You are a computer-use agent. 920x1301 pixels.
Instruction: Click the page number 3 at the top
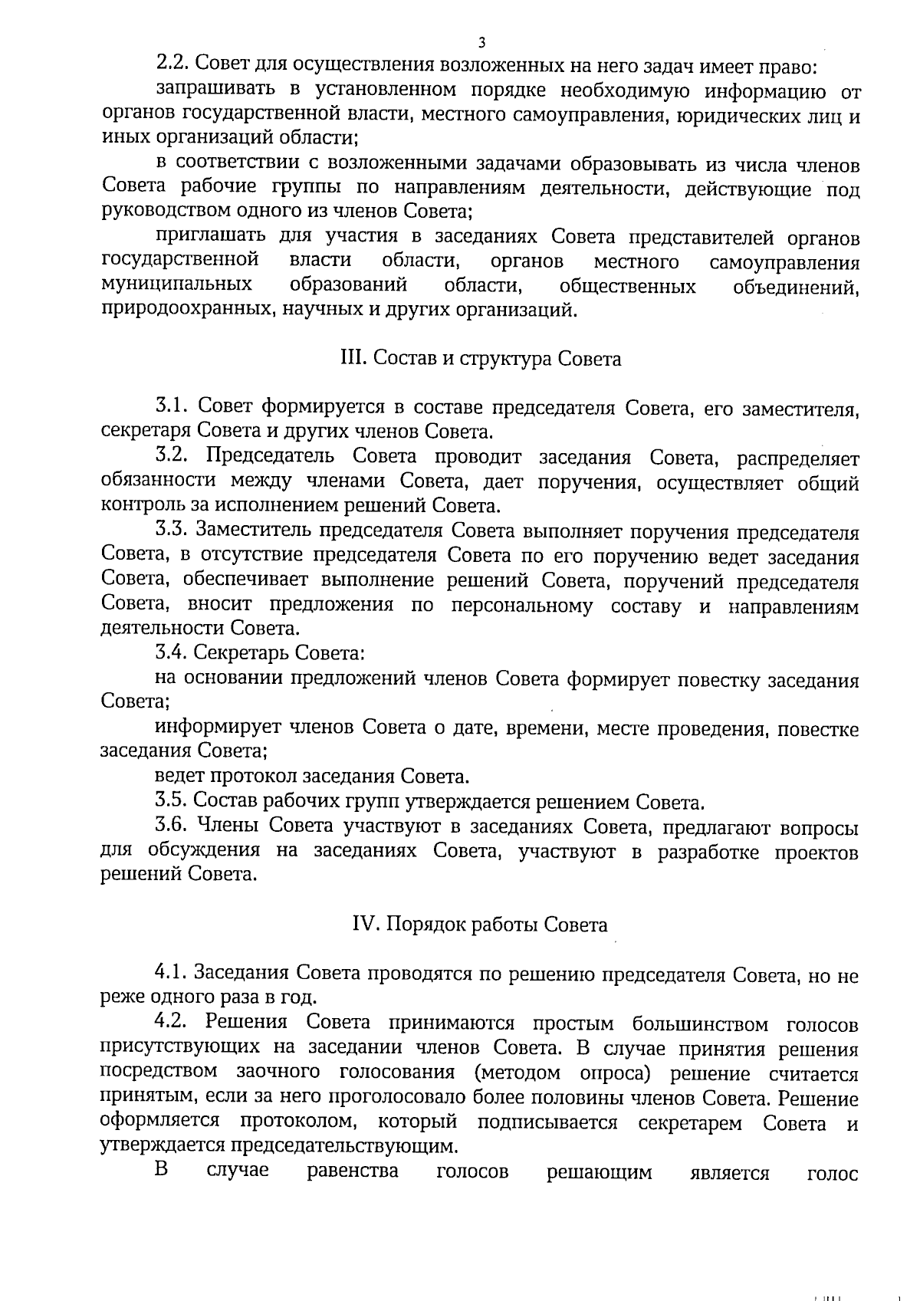[x=481, y=41]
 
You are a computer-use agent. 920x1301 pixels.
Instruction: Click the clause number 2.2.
[x=173, y=67]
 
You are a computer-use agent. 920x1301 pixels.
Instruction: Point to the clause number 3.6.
[x=172, y=826]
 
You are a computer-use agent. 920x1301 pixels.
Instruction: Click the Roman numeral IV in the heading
[x=362, y=925]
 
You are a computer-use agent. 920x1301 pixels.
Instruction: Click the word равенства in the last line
[x=352, y=1171]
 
